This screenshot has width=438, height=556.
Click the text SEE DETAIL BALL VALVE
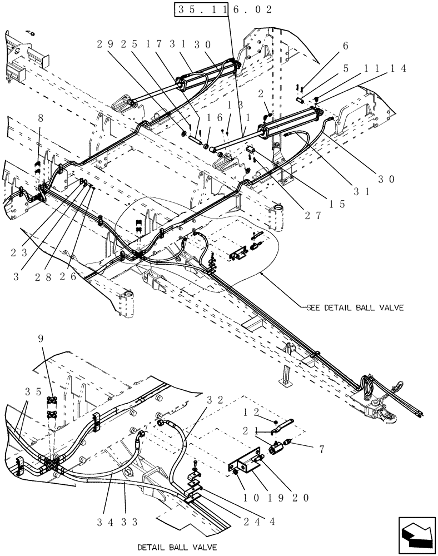coord(356,306)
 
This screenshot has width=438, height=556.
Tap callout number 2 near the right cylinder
coord(260,95)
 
